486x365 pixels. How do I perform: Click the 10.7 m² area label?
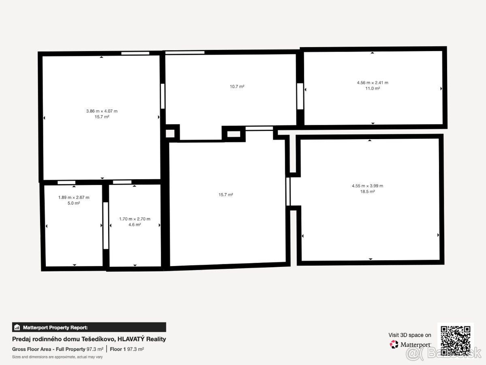click(237, 86)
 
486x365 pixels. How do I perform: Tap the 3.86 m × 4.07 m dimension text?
click(102, 111)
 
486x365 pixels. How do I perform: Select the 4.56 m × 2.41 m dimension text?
click(372, 83)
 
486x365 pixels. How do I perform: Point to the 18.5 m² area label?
click(367, 191)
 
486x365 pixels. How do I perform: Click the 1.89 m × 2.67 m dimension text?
click(74, 198)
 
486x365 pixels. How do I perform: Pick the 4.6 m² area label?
click(134, 225)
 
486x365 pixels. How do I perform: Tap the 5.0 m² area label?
click(74, 203)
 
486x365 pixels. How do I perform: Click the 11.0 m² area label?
click(372, 88)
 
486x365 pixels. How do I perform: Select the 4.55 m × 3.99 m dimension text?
click(367, 186)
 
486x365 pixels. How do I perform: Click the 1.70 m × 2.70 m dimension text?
click(134, 219)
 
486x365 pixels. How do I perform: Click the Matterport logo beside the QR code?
click(410, 344)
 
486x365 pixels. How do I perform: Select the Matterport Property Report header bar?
click(89, 327)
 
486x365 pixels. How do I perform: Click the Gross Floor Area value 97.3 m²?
click(95, 349)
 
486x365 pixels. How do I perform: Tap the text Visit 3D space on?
click(410, 335)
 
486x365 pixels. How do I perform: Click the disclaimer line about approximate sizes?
click(58, 357)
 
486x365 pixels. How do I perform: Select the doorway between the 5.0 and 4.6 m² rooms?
click(106, 225)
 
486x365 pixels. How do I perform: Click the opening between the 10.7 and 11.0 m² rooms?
click(300, 96)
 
